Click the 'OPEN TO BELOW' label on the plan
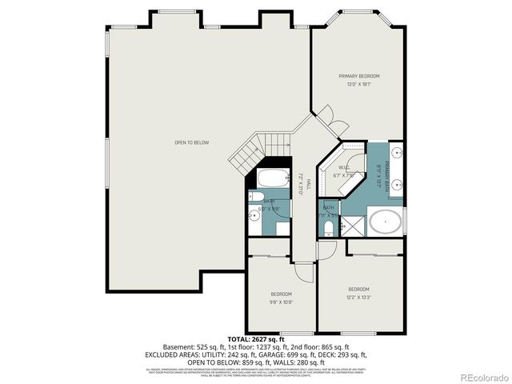(x=191, y=142)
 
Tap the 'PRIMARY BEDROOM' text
(x=358, y=75)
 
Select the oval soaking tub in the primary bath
(x=386, y=221)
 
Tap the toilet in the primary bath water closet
(x=329, y=228)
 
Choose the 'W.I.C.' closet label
(x=345, y=167)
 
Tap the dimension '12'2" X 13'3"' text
(x=358, y=298)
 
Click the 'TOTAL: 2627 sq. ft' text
(x=256, y=339)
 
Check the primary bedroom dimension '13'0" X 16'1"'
(x=358, y=84)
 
